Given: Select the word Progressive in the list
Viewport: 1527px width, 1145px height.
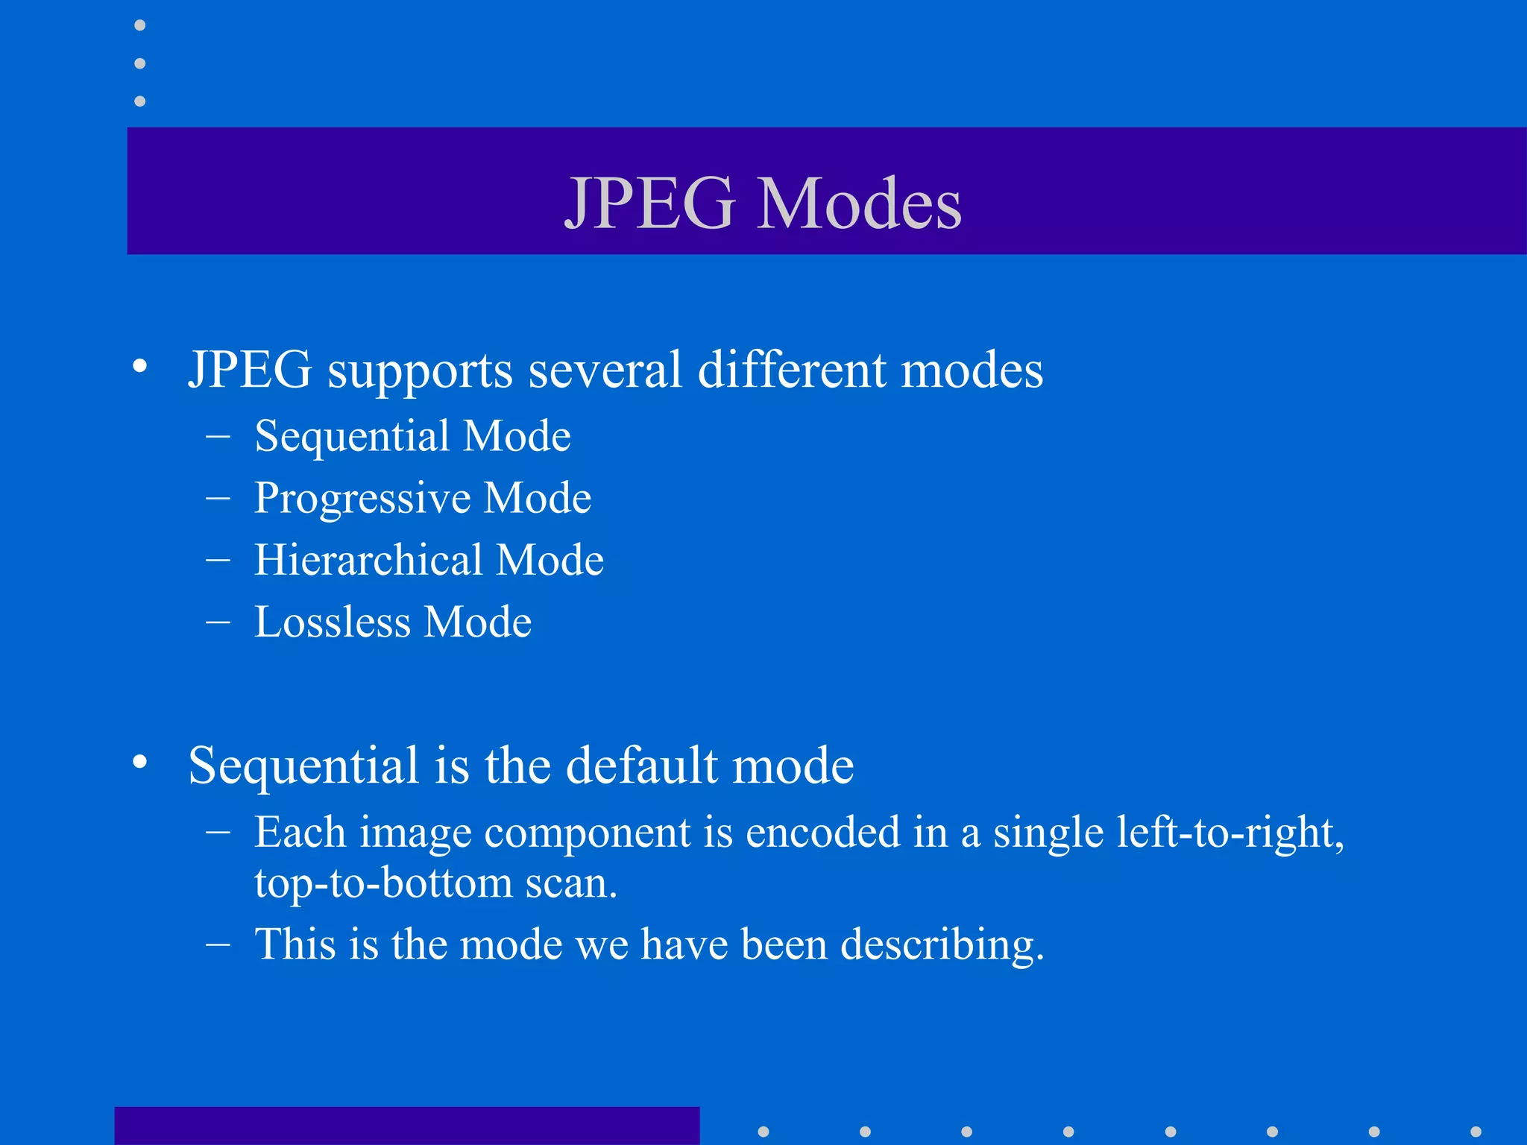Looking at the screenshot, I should tap(362, 498).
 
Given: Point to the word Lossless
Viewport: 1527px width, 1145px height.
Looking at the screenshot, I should tap(332, 622).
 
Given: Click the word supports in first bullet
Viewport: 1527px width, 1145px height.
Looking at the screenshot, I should tap(420, 370).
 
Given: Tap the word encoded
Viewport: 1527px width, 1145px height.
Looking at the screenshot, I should tap(822, 832).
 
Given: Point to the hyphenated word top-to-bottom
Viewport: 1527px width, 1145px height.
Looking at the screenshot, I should tap(383, 884).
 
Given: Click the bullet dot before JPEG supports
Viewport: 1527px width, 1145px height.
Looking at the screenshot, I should tap(139, 366).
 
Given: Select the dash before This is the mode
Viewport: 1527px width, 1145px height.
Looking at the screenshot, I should tap(218, 944).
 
